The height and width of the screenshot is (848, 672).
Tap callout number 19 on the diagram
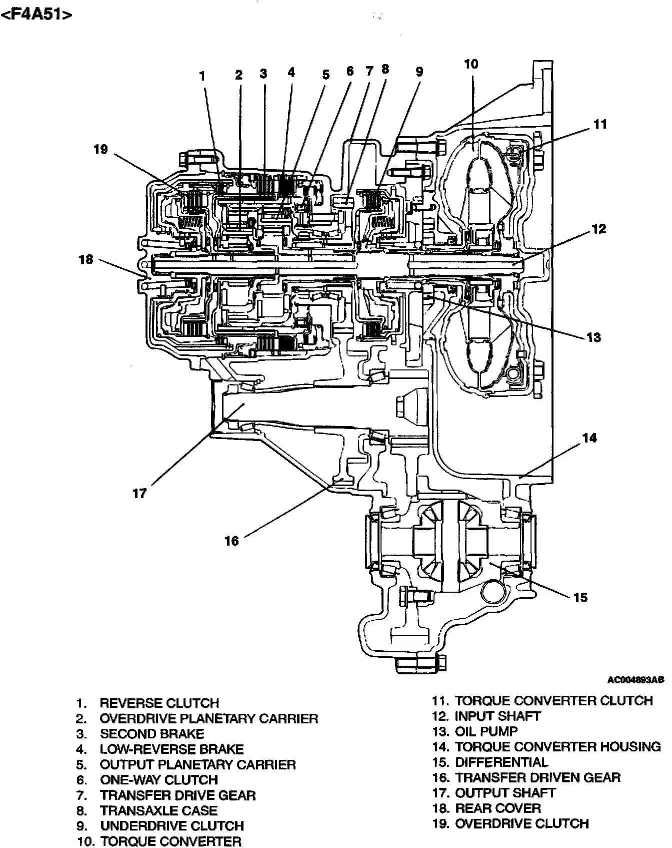(x=100, y=149)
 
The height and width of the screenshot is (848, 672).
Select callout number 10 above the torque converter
(x=471, y=64)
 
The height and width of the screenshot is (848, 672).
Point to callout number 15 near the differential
(x=580, y=597)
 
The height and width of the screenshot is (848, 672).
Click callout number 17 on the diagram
(x=139, y=493)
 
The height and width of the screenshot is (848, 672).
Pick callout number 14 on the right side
(x=589, y=438)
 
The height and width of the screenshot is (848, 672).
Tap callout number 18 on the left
(x=86, y=259)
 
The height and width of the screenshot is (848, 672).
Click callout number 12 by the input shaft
(x=599, y=229)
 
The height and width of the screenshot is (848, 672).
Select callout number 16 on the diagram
(x=231, y=541)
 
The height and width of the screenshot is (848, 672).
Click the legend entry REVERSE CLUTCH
(x=159, y=703)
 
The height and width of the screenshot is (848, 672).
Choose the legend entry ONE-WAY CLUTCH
(x=159, y=780)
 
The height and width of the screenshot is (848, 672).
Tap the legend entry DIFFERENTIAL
(x=501, y=762)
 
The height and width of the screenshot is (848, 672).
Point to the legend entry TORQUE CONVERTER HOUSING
(x=557, y=747)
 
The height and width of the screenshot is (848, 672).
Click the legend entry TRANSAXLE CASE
(x=158, y=810)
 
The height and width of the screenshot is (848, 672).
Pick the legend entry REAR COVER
(x=497, y=808)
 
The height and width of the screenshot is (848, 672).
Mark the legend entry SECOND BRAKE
(x=152, y=734)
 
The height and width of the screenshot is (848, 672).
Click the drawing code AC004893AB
(x=635, y=680)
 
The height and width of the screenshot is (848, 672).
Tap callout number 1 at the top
(x=202, y=76)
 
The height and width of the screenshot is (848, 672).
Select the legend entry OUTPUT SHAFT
(x=505, y=793)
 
